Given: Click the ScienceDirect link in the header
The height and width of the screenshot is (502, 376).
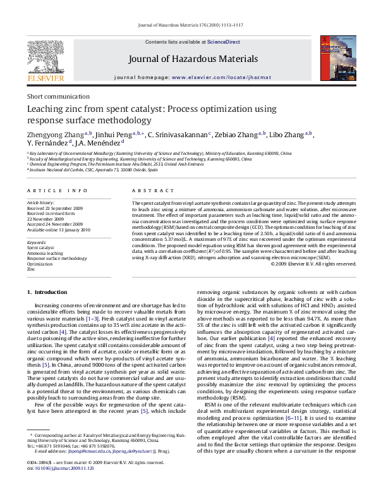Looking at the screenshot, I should point(224,42).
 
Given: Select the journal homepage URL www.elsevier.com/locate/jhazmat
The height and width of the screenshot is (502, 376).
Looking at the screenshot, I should point(217,77).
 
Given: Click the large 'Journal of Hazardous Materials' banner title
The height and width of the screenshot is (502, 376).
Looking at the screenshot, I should point(193,59).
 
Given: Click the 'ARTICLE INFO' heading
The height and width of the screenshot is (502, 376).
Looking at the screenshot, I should point(58,190).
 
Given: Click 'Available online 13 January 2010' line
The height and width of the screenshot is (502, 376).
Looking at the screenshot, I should point(58,230).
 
